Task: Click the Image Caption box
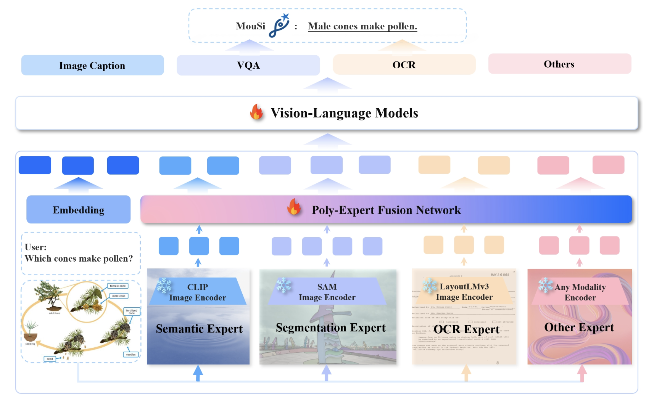[x=92, y=65]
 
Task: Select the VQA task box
[x=248, y=65]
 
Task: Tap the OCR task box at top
[x=404, y=65]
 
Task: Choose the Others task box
[x=559, y=64]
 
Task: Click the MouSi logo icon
[x=279, y=26]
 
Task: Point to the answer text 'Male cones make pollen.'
[x=362, y=26]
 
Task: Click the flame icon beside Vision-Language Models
[x=257, y=112]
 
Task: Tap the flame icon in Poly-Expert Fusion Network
[x=294, y=207]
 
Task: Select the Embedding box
[x=78, y=210]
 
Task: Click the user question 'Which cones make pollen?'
[x=79, y=259]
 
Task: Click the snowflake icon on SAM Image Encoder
[x=284, y=285]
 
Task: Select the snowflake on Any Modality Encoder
[x=546, y=285]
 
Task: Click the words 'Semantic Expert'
[x=199, y=329]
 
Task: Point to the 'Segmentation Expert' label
[x=330, y=328]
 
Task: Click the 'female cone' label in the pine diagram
[x=118, y=286]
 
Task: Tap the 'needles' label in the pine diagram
[x=130, y=355]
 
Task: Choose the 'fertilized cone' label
[x=132, y=312]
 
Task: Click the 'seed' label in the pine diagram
[x=50, y=359]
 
